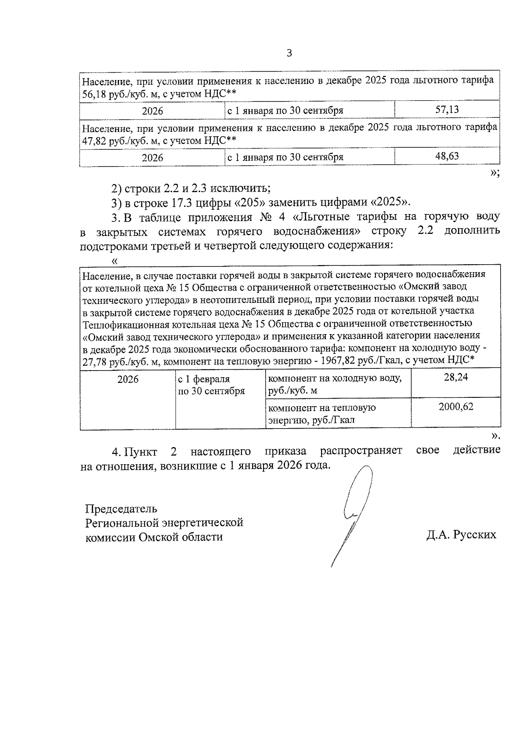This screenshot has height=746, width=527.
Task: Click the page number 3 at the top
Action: (x=289, y=54)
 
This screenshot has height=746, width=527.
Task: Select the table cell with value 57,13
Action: (x=447, y=109)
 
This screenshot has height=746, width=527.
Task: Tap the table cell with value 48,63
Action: (x=447, y=156)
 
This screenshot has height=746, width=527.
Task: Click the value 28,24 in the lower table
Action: (x=455, y=377)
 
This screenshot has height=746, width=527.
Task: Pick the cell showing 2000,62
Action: (x=455, y=407)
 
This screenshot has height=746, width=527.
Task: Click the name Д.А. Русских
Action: (x=461, y=535)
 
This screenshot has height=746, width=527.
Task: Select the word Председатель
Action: (x=121, y=509)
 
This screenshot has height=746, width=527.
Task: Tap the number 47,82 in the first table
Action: (x=95, y=141)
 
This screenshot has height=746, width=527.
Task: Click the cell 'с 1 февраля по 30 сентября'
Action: (x=211, y=385)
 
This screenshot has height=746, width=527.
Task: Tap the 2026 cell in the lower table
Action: (x=128, y=379)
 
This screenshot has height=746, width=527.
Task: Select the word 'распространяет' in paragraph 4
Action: (x=361, y=451)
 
